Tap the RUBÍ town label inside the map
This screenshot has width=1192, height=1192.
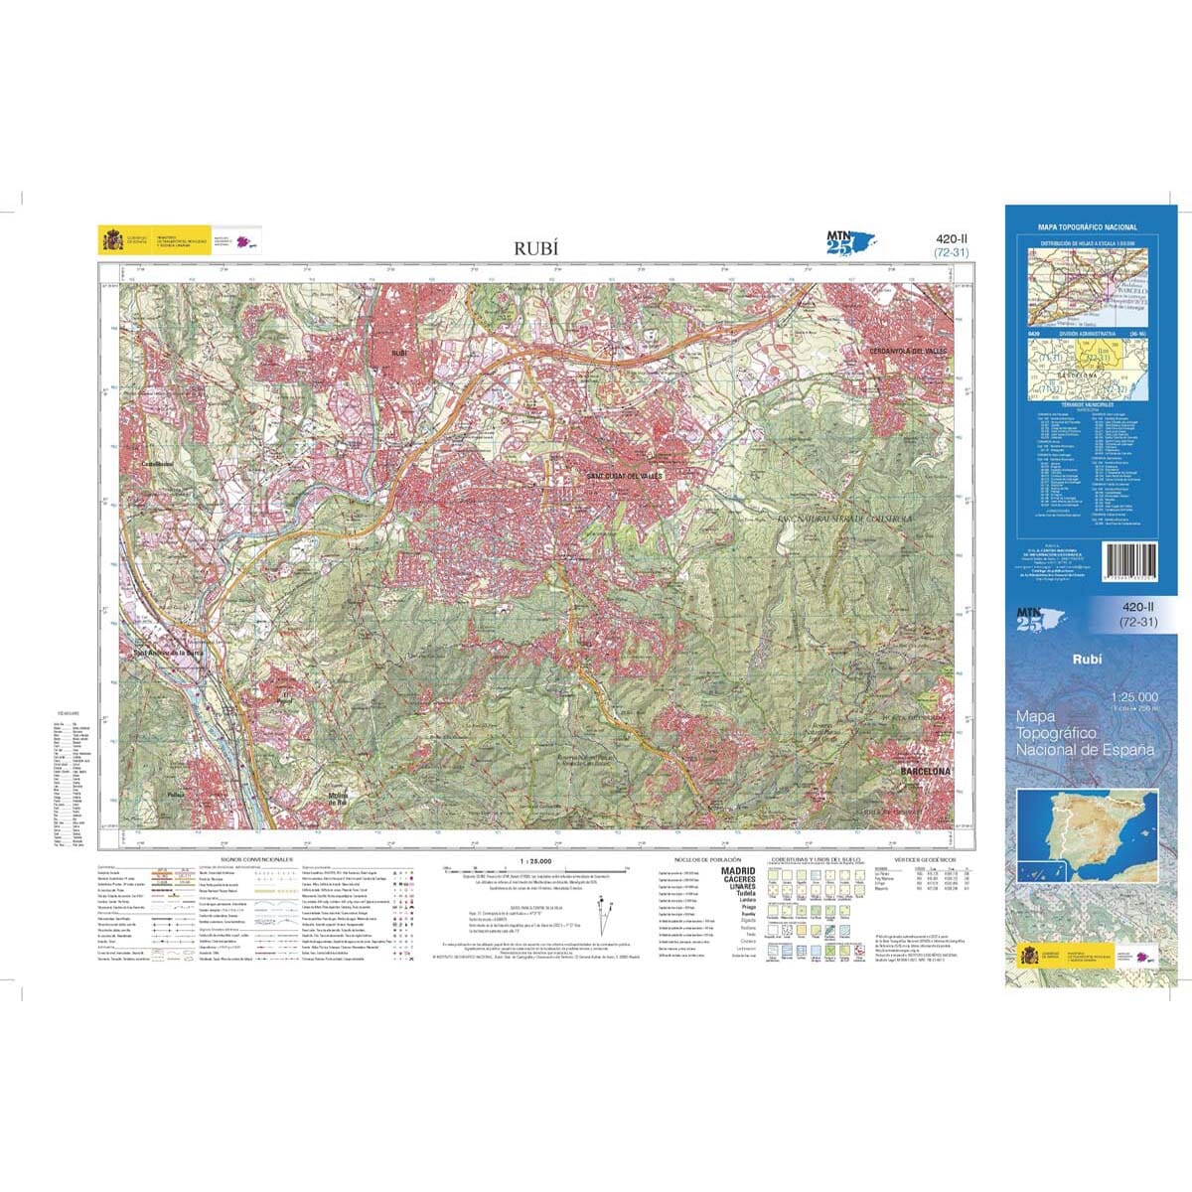(x=399, y=353)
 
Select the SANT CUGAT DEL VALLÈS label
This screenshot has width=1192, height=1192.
(x=624, y=477)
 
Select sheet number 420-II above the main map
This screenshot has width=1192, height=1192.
(x=952, y=238)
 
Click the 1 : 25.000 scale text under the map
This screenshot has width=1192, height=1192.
(x=534, y=861)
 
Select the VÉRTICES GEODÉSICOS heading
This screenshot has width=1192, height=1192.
(x=925, y=858)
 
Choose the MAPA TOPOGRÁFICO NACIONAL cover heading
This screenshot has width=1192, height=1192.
(x=1087, y=227)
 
